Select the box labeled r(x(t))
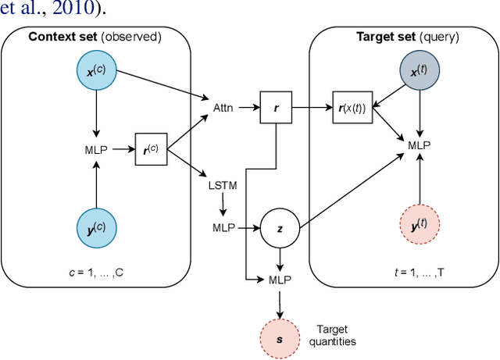coord(352,105)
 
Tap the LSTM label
coord(223,187)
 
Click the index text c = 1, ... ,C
coord(94,273)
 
